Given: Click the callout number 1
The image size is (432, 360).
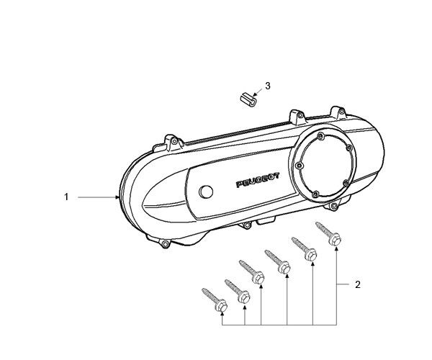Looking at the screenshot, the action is [x=66, y=197].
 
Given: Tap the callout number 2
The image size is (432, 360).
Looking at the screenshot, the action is [x=358, y=284].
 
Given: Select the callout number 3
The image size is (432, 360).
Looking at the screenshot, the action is [x=268, y=86].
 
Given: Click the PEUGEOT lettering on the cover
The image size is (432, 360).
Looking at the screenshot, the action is [x=258, y=181].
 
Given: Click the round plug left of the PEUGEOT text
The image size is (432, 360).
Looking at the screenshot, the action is [x=206, y=192].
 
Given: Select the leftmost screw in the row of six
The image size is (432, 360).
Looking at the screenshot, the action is [x=215, y=300].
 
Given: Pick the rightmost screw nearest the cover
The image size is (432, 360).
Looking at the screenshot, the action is [x=328, y=233].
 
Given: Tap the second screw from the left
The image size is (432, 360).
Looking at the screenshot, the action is [x=238, y=292].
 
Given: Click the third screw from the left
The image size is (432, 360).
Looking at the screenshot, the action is [x=252, y=272].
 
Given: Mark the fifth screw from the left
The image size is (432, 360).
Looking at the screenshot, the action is [x=304, y=248].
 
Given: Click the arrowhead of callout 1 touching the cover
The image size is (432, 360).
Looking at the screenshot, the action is [x=117, y=197].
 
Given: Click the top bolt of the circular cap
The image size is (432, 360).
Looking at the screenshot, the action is [x=320, y=136].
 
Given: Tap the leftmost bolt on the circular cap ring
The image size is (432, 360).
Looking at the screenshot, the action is [x=300, y=166].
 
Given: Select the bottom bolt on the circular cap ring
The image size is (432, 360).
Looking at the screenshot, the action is [x=316, y=194].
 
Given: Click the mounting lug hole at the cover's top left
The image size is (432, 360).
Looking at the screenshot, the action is [x=174, y=142].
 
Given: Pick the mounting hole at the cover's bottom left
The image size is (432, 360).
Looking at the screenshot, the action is [x=166, y=244].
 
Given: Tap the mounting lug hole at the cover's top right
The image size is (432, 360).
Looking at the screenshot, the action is [x=341, y=112].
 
